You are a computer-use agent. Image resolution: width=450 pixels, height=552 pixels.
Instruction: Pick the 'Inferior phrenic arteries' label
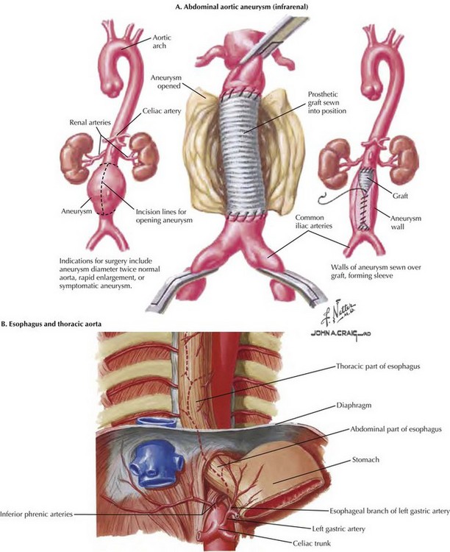click(38, 514)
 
